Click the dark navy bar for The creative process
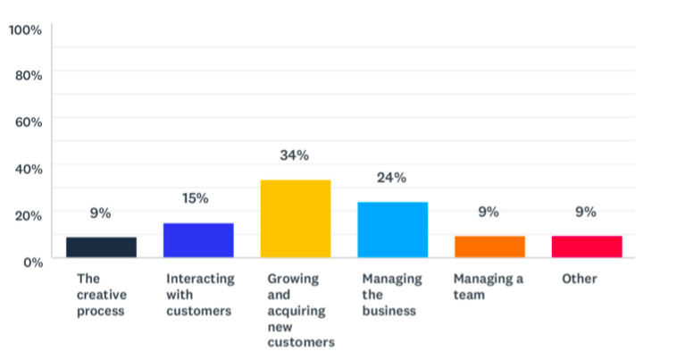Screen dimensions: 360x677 [101, 247]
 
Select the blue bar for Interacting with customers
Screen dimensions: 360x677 [198, 240]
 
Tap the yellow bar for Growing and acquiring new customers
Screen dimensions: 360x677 [295, 219]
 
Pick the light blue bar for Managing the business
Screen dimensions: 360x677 [392, 230]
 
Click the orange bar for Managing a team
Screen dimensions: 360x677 [489, 247]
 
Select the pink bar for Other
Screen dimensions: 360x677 [586, 247]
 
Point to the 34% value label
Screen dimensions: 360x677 [295, 155]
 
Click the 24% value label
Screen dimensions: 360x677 [392, 178]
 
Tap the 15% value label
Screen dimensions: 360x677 [196, 198]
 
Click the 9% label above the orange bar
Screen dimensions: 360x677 [489, 212]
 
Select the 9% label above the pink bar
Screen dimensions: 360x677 [586, 212]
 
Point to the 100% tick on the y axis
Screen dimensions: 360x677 [25, 30]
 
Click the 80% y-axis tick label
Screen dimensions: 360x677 [29, 75]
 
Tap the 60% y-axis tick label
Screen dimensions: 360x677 [29, 121]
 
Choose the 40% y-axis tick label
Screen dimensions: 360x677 [29, 168]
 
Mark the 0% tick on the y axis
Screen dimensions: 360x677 [31, 262]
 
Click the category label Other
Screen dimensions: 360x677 [580, 279]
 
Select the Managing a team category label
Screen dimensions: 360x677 [488, 287]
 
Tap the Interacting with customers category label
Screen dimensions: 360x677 [200, 295]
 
